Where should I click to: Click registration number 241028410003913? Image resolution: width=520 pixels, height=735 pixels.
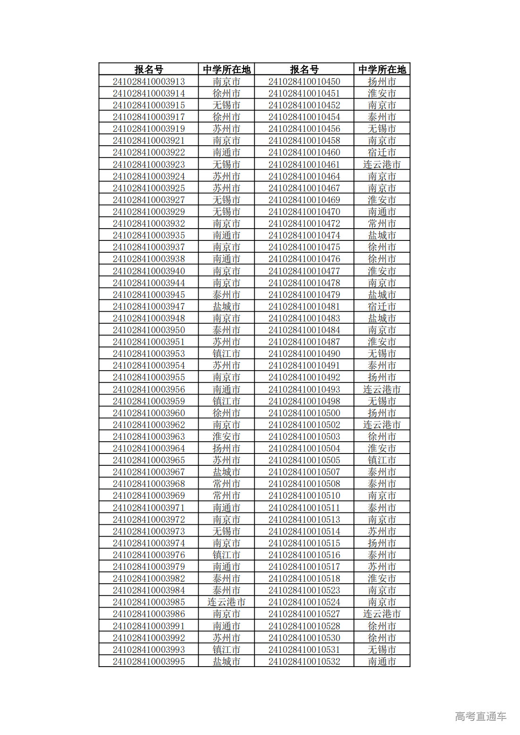click(x=149, y=82)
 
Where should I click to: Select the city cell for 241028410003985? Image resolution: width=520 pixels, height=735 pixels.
click(x=226, y=602)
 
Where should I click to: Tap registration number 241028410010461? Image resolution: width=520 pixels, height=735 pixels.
click(x=304, y=165)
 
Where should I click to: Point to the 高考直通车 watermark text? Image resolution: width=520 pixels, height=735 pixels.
click(x=480, y=716)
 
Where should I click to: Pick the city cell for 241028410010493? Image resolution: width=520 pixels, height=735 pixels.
click(x=382, y=389)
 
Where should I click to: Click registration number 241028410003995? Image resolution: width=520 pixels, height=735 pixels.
click(x=149, y=661)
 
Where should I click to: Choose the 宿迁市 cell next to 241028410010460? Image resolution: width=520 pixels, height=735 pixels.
click(x=382, y=152)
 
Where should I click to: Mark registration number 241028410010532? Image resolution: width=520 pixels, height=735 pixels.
click(x=304, y=661)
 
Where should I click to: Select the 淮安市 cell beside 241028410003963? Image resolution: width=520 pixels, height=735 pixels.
click(x=226, y=437)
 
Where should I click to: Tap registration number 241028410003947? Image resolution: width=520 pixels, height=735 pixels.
click(x=149, y=306)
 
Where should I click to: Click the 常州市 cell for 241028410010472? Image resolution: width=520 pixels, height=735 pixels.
click(x=382, y=223)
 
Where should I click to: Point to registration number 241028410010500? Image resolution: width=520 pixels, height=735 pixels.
click(x=304, y=413)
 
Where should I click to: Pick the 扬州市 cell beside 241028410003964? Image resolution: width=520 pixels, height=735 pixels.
click(x=226, y=448)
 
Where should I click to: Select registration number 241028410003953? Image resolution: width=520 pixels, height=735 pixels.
click(x=149, y=354)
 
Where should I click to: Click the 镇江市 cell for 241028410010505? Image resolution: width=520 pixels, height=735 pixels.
click(x=382, y=460)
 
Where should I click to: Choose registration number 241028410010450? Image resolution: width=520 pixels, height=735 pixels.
click(x=304, y=82)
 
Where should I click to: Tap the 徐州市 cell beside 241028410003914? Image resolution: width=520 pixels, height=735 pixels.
click(x=226, y=93)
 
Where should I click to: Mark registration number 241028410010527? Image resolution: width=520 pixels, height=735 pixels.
click(x=304, y=614)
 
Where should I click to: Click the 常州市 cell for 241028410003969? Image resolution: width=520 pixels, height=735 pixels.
click(x=226, y=496)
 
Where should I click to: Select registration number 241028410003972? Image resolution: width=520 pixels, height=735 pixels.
click(x=149, y=520)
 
